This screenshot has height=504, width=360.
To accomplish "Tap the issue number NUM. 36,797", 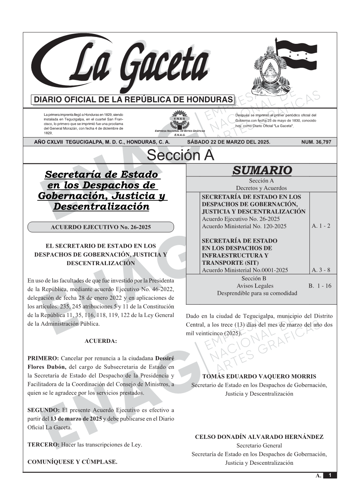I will (x=316, y=142).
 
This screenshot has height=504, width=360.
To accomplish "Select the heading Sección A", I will (x=180, y=155).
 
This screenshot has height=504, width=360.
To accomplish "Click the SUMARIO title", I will (x=262, y=170).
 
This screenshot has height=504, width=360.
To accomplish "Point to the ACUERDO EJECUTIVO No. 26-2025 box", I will (x=101, y=227).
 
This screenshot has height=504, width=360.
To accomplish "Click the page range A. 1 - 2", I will (x=321, y=226).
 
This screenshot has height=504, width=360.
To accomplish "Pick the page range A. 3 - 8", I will (x=321, y=270).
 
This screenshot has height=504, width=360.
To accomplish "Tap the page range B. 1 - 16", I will (x=320, y=286).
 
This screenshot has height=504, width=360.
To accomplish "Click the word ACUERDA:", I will (x=101, y=341).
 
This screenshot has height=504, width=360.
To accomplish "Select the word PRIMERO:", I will (x=43, y=358).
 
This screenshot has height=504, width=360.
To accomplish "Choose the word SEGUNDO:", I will (x=43, y=410).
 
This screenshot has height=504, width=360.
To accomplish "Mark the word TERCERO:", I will (x=43, y=445).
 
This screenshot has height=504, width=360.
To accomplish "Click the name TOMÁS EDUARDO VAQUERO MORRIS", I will (x=259, y=376).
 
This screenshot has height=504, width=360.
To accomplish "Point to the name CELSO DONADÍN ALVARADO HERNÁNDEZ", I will (x=259, y=437).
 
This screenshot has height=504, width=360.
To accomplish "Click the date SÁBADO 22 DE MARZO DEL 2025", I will (x=229, y=142).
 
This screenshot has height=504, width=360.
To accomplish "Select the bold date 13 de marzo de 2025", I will (x=76, y=419).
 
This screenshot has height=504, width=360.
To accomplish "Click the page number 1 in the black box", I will (x=330, y=475).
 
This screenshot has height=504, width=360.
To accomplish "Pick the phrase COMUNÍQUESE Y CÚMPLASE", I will (x=72, y=462).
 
